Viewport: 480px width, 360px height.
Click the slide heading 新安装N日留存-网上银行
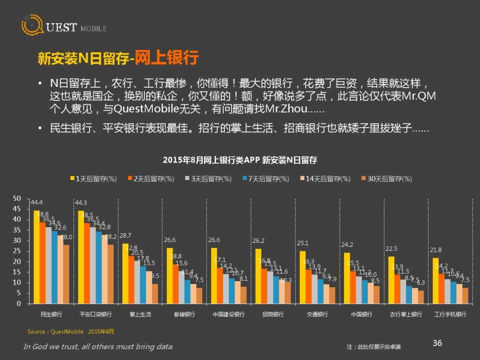118,59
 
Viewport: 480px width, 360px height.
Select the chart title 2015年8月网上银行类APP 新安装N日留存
240,160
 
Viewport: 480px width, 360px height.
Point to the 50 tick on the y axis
17,198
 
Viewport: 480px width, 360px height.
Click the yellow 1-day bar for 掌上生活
125,273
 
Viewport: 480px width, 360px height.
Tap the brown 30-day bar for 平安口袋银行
111,274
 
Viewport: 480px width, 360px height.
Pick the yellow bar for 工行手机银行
435,280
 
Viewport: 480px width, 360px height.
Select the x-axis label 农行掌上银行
406,314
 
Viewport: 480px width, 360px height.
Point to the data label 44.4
36,202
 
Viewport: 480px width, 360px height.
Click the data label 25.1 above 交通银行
302,243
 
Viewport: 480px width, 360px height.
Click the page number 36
437,343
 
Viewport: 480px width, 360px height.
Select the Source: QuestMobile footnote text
70,332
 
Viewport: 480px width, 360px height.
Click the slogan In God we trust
98,347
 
